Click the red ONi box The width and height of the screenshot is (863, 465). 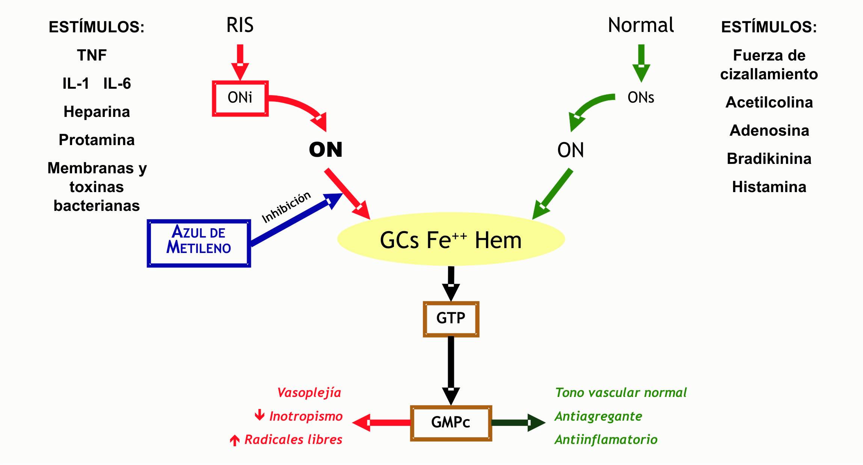tap(240, 98)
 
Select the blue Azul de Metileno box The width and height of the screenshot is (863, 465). tap(199, 243)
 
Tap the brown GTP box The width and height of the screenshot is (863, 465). tap(451, 319)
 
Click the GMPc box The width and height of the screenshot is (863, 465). tap(451, 423)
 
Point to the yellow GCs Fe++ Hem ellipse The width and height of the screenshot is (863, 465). tap(451, 239)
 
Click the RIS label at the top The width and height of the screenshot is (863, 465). tap(240, 25)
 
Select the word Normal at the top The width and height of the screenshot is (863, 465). tap(641, 25)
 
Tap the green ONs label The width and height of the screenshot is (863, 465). tap(641, 98)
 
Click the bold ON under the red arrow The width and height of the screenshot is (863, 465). tap(326, 150)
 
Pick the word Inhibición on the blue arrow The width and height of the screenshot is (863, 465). tap(286, 207)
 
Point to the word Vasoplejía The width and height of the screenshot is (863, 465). tap(309, 393)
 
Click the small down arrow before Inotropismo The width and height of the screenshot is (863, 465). tap(259, 415)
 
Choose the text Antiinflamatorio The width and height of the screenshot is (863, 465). tap(606, 439)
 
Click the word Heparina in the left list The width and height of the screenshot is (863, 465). tap(97, 112)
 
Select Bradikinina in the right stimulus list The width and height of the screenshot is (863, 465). tap(769, 159)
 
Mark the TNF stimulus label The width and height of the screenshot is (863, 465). tap(92, 55)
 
